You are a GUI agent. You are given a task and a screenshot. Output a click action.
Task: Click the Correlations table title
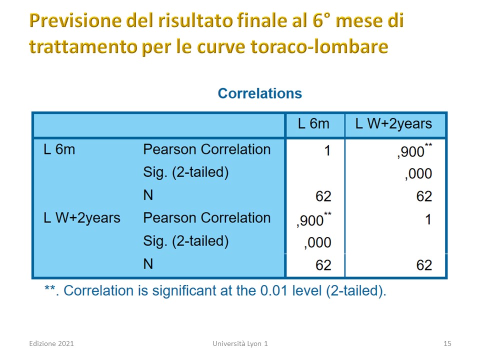259,93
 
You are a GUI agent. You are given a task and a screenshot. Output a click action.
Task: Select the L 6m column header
313,124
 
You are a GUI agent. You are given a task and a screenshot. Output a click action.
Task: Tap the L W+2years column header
393,124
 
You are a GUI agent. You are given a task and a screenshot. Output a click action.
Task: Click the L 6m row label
59,149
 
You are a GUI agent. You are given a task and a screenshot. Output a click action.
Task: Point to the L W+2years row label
81,218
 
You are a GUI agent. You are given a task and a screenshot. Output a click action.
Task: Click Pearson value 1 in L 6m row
327,150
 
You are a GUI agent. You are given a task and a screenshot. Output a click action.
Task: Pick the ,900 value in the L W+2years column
414,151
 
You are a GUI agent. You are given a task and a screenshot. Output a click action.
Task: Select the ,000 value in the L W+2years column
418,174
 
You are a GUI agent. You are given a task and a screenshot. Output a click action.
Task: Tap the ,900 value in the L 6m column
314,219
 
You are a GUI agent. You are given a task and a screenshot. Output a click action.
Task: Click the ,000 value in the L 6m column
317,243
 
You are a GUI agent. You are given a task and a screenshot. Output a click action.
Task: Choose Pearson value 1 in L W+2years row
428,219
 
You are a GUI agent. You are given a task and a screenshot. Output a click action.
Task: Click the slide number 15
447,343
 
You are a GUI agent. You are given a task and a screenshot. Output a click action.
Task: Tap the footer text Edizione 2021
51,343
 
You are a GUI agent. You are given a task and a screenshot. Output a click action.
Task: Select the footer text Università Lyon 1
240,343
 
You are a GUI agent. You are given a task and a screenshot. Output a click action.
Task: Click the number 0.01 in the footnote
273,290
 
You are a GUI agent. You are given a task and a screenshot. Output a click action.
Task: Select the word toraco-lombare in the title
319,46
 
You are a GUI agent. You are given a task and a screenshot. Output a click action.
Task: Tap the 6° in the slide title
321,20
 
